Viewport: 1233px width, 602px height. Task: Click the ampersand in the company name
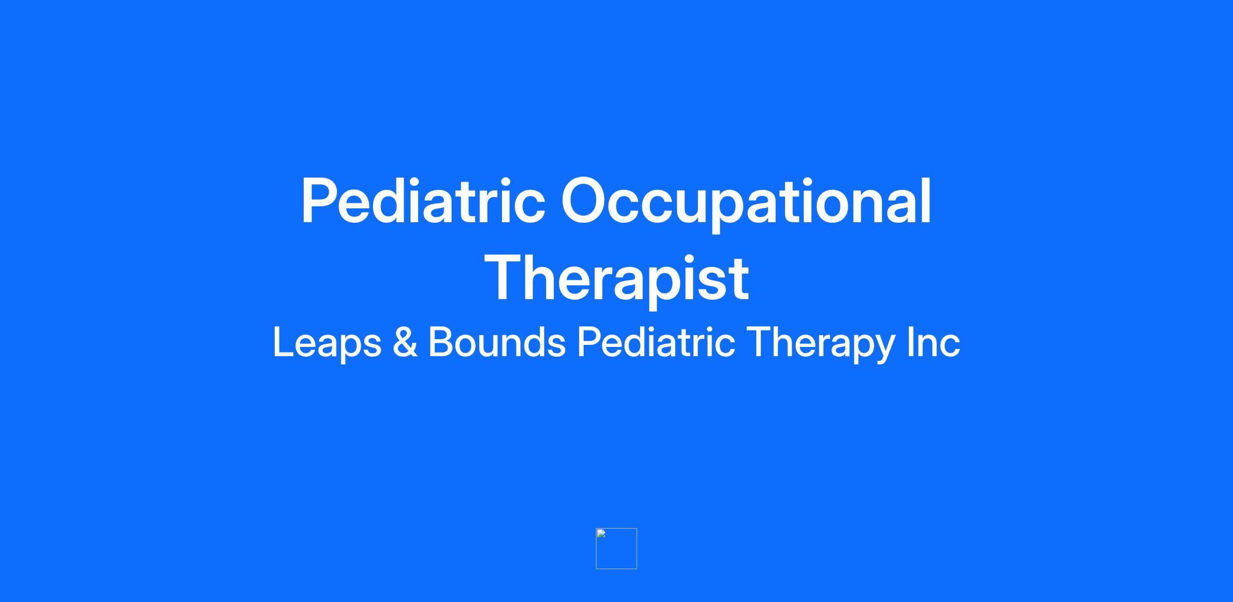point(405,342)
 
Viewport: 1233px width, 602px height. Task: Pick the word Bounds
point(497,342)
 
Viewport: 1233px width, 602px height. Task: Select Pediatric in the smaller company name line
point(656,342)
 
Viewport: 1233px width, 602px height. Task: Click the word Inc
point(933,342)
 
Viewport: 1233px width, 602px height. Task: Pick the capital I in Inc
point(910,342)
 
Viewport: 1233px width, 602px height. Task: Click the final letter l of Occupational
point(926,201)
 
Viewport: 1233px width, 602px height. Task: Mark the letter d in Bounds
point(533,342)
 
